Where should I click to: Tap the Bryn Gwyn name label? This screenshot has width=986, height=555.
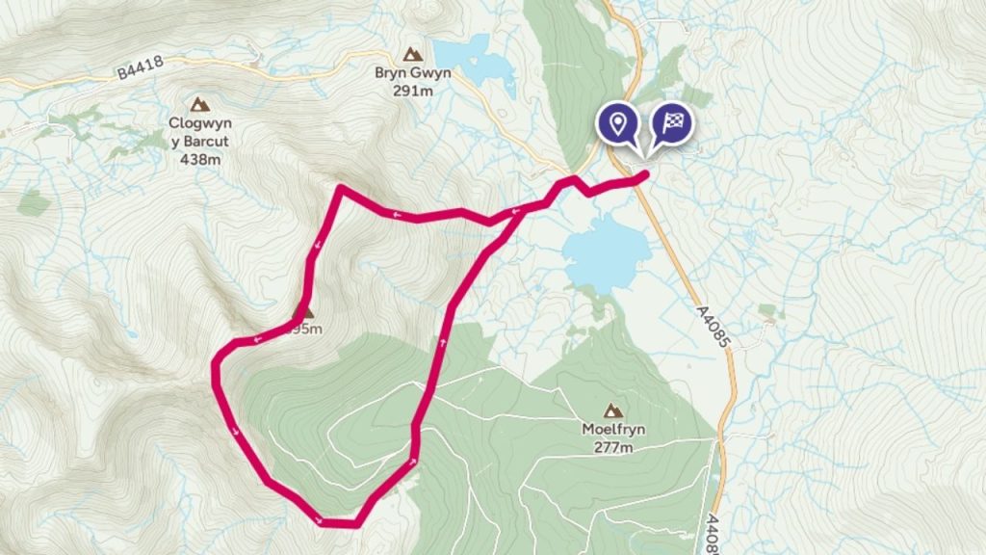coord(413,74)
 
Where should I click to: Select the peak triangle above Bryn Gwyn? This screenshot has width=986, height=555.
coord(413,54)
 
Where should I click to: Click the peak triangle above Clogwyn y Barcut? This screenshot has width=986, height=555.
coord(200,103)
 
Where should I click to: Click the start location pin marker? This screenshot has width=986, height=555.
coord(617,123)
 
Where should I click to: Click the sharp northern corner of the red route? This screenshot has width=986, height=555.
coord(340,188)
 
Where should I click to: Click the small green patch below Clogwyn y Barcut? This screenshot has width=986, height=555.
coord(35,203)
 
